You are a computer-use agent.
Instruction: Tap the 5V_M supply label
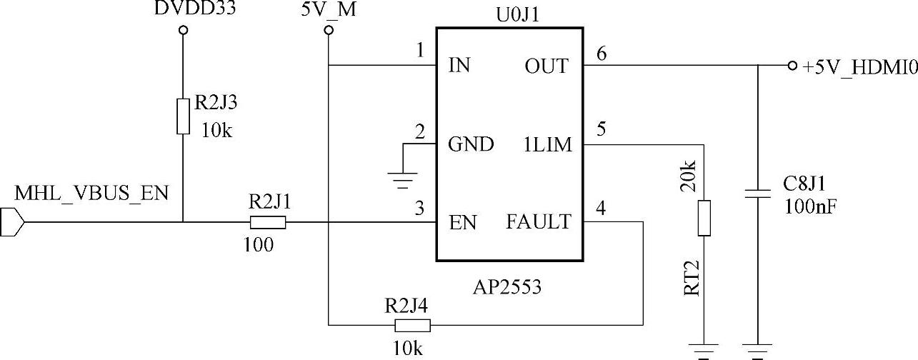[x=330, y=9]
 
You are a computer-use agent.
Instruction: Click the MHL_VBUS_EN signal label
[x=91, y=194]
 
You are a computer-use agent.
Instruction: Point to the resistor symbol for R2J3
[x=184, y=116]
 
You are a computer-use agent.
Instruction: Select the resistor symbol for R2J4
[x=412, y=326]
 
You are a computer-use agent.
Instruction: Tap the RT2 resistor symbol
[x=704, y=219]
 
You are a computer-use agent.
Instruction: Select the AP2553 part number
[x=507, y=288]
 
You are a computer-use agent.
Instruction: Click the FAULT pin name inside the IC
[x=539, y=222]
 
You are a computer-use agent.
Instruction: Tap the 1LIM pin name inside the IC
[x=548, y=145]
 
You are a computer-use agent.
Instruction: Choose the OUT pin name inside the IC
[x=547, y=66]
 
